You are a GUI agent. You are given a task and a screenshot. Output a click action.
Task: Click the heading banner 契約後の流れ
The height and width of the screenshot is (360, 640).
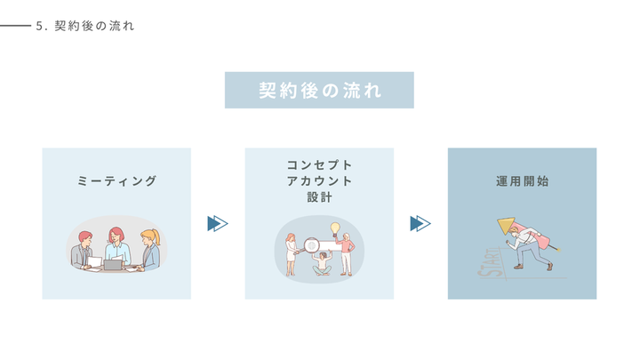(319, 90)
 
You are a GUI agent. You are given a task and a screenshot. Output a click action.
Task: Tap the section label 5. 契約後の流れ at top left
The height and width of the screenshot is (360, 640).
(85, 27)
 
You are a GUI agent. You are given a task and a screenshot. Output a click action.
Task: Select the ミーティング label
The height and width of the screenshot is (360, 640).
(116, 181)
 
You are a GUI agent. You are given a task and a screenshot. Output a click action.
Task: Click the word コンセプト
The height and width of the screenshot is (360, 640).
(319, 165)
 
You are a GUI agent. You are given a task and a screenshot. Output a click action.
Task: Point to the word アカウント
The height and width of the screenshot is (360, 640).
(319, 181)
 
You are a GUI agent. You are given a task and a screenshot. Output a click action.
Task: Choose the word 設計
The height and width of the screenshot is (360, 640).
(319, 197)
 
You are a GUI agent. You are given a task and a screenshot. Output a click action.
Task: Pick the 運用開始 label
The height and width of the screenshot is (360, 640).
(522, 181)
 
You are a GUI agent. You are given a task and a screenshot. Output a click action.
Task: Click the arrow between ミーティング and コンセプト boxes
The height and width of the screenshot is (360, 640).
(218, 223)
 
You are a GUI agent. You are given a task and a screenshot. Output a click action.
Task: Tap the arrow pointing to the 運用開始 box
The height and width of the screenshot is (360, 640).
(420, 223)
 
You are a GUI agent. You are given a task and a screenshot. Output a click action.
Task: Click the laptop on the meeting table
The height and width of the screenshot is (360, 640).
(114, 264)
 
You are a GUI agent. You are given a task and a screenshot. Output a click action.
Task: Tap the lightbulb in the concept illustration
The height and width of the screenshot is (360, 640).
(336, 228)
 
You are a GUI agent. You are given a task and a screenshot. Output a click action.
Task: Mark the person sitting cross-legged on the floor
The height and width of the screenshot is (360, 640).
(321, 264)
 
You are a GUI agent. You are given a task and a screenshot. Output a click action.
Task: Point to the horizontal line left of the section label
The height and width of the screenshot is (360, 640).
(15, 27)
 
